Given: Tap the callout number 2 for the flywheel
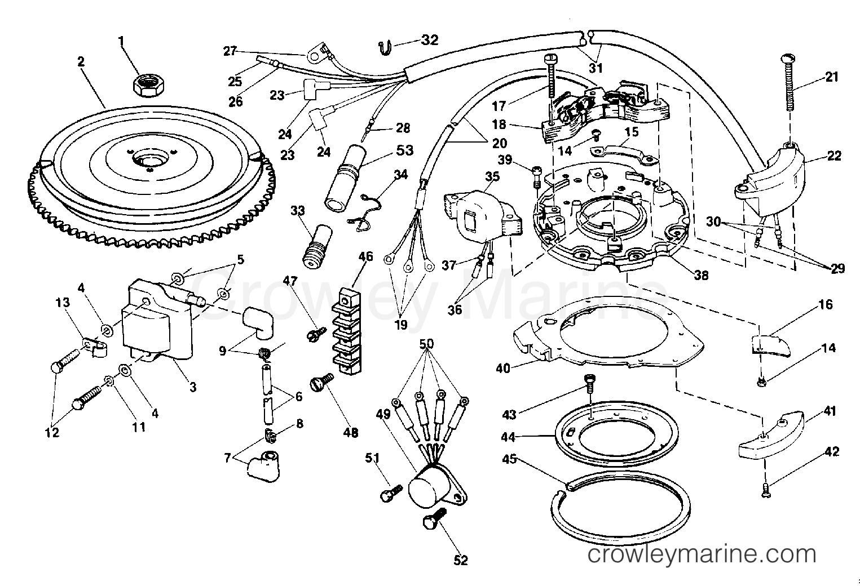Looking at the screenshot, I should coord(81,62).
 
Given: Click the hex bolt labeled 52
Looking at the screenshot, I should coord(433,517).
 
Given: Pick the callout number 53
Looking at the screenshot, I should coord(404,150).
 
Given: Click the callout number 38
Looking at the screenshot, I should coord(702,276).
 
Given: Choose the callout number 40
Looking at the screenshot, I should coord(503,368).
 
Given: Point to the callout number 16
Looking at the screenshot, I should coord(826,305).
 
